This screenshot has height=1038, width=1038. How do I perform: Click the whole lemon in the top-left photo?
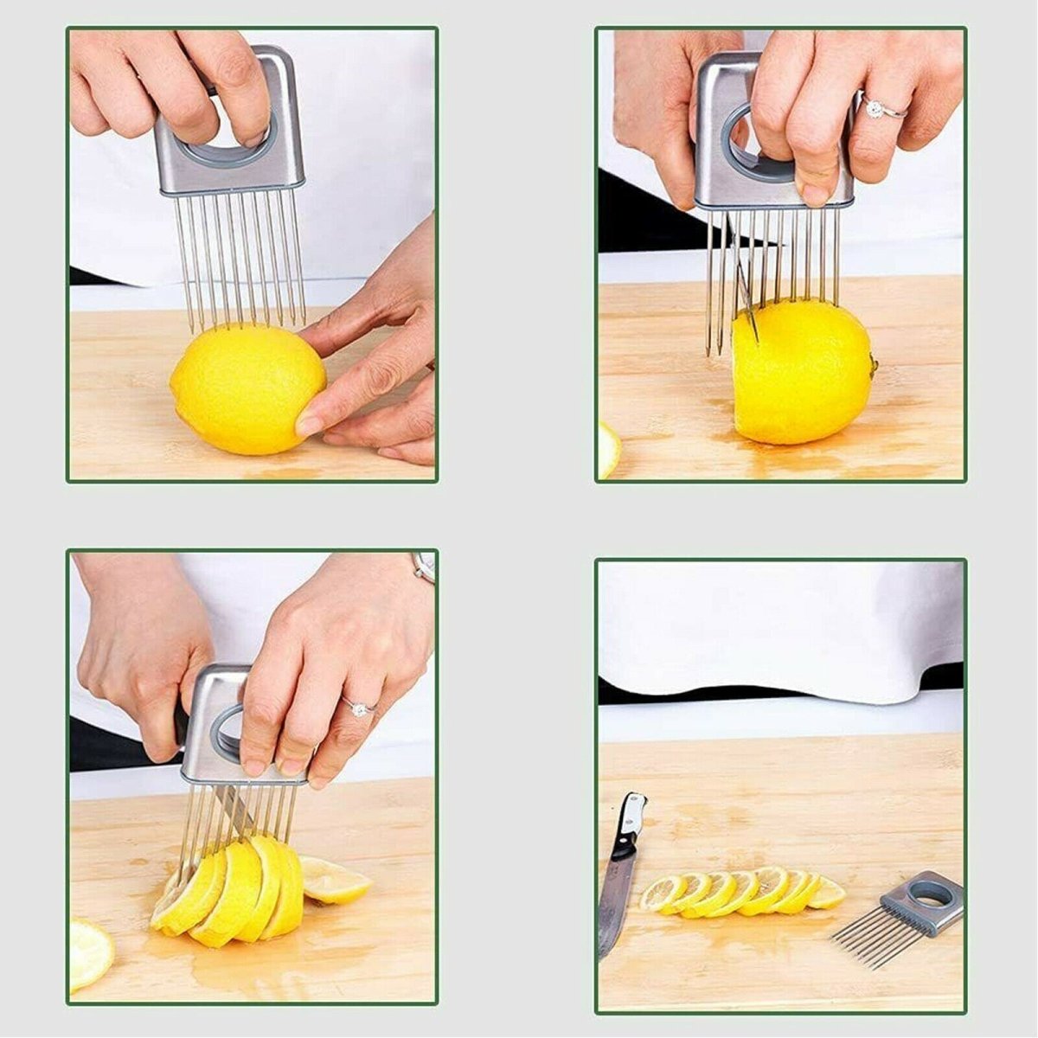click(x=247, y=389)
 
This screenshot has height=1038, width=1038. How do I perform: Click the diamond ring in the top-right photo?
click(x=875, y=108)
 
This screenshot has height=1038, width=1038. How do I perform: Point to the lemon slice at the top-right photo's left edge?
click(x=607, y=450)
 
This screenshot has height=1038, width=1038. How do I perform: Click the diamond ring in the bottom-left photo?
click(x=356, y=708)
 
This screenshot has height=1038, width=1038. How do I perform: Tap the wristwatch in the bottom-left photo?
click(x=424, y=567)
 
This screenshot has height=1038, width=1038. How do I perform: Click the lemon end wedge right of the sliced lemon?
click(x=335, y=881)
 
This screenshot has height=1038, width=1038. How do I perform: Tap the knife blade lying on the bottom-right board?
click(x=615, y=900)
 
